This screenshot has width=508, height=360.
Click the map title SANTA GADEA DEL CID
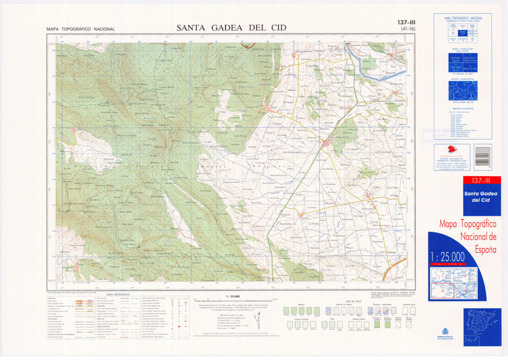[x=232, y=27]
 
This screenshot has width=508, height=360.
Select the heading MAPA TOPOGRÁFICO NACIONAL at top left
[x=81, y=29]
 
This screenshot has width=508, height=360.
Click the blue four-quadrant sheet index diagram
[x=463, y=31]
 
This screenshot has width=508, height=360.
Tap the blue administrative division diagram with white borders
[x=463, y=89]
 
